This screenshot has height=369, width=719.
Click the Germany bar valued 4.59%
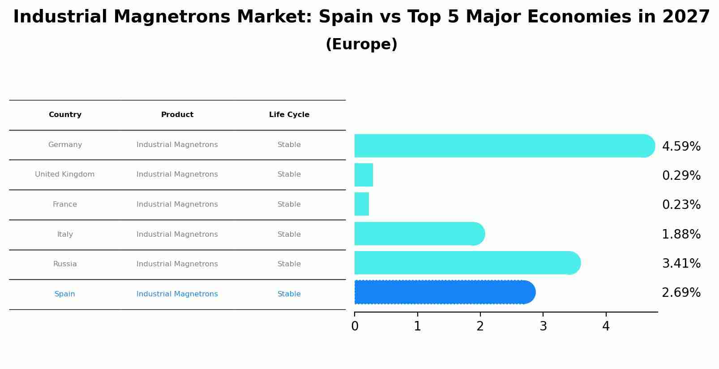pos(504,146)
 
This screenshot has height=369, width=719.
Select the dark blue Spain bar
pos(445,292)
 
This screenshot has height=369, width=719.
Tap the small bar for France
pos(362,204)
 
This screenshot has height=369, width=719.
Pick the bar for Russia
pos(467,263)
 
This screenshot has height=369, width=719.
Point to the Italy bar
pos(419,234)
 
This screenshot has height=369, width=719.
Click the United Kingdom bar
pos(364,175)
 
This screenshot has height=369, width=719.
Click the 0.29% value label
pos(681,176)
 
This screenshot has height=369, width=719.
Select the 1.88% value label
pos(681,234)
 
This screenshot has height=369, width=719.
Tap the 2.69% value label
pos(681,293)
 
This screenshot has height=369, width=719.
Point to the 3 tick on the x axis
pos(543,326)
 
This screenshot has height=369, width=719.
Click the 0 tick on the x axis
pos(355,326)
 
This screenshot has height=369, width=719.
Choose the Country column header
pos(65,115)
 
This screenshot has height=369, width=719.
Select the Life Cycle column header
pos(289,115)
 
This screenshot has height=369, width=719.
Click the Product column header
pos(177,115)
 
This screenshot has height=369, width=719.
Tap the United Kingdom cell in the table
pos(65,174)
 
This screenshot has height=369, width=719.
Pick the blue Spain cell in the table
pos(65,294)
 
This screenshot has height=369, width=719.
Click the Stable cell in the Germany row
pos(289,145)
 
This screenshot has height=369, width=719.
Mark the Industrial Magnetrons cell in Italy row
pos(177,234)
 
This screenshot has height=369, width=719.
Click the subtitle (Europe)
pos(361,44)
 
